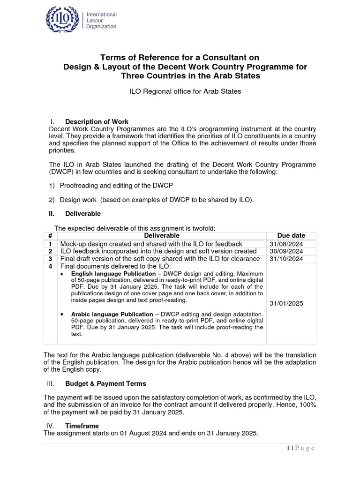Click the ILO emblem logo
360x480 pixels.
pos(63,20)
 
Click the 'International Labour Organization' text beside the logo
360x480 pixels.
pos(101,21)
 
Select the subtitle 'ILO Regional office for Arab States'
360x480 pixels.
pos(185,91)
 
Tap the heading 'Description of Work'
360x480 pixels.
pos(97,122)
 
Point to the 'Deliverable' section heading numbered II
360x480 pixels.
pos(83,214)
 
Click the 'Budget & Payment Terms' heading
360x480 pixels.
pos(105,383)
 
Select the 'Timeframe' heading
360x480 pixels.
pos(82,426)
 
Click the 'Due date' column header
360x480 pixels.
pos(291,236)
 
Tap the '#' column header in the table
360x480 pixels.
pos(50,236)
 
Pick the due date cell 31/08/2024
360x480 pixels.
pos(286,244)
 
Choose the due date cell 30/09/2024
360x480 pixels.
pos(286,251)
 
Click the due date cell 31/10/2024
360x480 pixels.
pos(286,259)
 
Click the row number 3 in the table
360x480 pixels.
pos(50,259)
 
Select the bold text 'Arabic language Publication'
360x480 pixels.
pos(112,314)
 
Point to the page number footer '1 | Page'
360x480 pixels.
pos(300,449)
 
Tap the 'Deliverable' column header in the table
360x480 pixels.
pos(162,236)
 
